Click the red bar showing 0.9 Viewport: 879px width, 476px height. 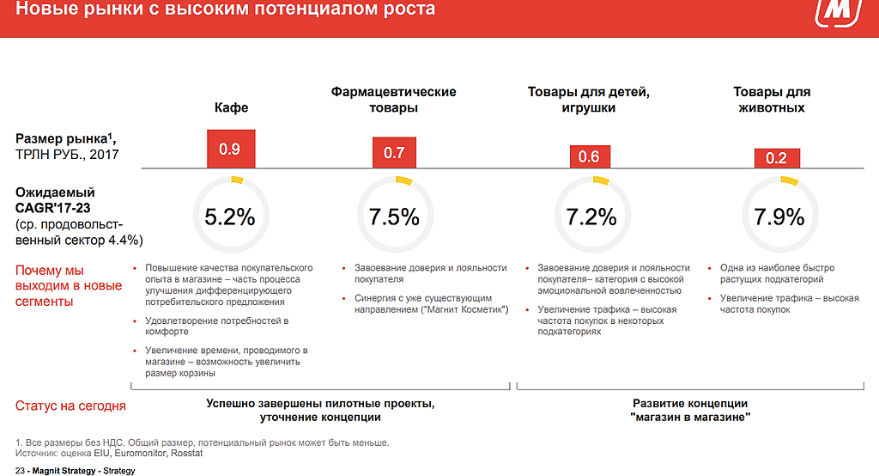[x=230, y=149]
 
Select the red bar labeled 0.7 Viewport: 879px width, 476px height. [x=394, y=153]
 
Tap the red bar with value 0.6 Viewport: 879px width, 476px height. [x=589, y=156]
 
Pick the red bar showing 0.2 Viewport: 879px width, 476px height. [x=777, y=158]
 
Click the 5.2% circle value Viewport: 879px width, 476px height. [x=229, y=217]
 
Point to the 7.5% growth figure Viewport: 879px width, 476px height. [x=394, y=217]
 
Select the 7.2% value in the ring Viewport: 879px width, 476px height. [x=591, y=217]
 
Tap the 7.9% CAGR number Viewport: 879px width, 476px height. [x=779, y=217]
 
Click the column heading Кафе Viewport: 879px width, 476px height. [x=231, y=108]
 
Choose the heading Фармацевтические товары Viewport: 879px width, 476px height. [x=394, y=100]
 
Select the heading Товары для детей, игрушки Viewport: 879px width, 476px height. [x=589, y=100]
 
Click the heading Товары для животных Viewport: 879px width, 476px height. [x=772, y=100]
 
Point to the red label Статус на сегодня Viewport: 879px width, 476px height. [x=70, y=406]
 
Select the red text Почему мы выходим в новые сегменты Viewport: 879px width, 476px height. [x=69, y=286]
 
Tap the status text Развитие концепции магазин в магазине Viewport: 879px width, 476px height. [x=690, y=410]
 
